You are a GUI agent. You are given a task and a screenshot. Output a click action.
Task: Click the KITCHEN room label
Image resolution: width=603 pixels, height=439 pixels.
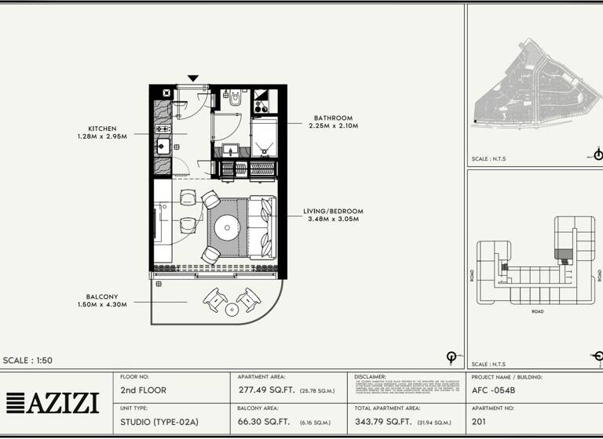[102, 129]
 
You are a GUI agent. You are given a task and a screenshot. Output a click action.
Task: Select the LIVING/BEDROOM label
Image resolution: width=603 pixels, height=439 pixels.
[333, 211]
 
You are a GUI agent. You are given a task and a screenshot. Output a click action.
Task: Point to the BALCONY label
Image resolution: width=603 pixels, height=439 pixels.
[102, 296]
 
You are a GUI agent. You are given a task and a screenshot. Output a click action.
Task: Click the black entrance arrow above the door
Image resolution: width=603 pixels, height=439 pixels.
[193, 78]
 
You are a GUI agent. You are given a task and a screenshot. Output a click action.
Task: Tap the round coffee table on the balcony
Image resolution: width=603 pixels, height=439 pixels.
[231, 310]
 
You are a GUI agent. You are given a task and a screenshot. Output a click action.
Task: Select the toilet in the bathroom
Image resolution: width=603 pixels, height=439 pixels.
[235, 100]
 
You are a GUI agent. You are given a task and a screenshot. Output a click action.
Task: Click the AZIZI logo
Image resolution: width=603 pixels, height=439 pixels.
[53, 403]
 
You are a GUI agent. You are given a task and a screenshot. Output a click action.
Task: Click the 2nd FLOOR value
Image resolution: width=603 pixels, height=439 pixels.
[143, 390]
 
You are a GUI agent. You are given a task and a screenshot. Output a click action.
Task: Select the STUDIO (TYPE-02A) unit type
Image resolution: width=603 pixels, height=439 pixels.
[159, 422]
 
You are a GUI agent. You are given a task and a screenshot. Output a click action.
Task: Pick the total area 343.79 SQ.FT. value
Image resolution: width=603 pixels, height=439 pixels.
[383, 422]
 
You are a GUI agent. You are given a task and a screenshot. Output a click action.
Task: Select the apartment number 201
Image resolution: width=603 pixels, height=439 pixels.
[479, 422]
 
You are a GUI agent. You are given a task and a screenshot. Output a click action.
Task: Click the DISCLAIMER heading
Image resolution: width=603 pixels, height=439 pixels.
[371, 377]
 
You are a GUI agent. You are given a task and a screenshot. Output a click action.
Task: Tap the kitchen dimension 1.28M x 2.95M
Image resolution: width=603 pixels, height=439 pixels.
[102, 137]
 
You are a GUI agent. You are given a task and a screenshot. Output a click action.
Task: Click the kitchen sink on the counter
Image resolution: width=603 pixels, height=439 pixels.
[163, 146]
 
